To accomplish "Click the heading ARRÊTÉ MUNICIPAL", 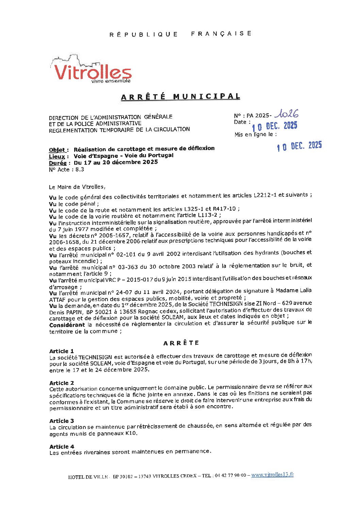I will [181, 97].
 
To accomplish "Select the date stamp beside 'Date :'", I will [274, 126].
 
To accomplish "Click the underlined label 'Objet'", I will [57, 150].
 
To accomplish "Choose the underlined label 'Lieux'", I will [57, 157].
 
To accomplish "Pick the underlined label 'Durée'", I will [58, 163].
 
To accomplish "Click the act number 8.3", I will [80, 169].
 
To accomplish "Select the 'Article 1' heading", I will [62, 351].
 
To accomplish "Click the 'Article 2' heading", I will [62, 383].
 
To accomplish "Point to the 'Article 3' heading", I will [62, 421].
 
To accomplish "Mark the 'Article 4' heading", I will [62, 446].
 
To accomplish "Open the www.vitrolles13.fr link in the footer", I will [272, 475].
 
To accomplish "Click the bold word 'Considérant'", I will [67, 325].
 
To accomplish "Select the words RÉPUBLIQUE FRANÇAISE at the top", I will [181, 34].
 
